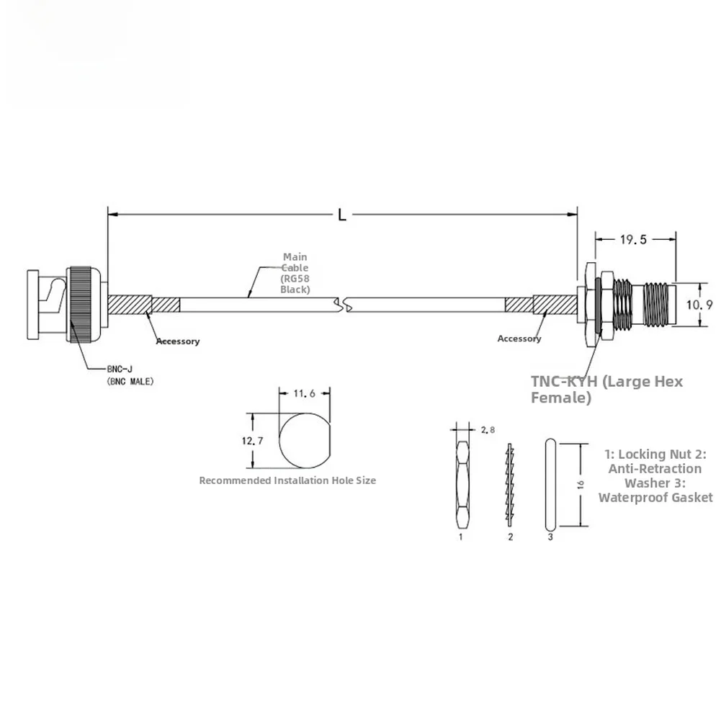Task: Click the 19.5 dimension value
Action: tap(633, 240)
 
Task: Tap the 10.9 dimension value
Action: tap(699, 305)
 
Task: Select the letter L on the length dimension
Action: tap(342, 215)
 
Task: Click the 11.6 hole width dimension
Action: tap(305, 393)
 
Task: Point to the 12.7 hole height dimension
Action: tap(252, 441)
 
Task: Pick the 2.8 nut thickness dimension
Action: tap(488, 430)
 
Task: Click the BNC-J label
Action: tap(120, 369)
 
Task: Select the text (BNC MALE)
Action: tap(130, 381)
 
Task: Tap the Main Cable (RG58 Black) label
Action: tap(295, 273)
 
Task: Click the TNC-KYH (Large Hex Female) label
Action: tap(607, 389)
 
